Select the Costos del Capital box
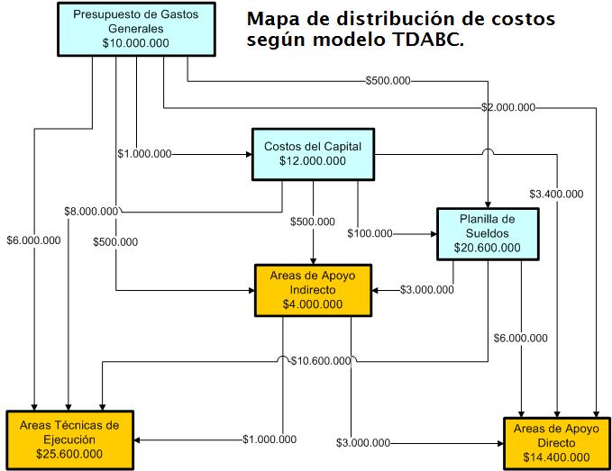tap(312, 153)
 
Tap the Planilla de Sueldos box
tap(488, 233)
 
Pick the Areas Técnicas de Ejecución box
tap(69, 439)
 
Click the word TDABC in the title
tap(425, 40)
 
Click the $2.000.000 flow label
tap(508, 107)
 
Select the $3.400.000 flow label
tap(555, 194)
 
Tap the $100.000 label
tap(370, 233)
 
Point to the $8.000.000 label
tap(91, 212)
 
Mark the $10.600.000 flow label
tap(321, 361)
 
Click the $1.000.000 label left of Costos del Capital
tap(144, 154)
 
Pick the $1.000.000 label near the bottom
tap(269, 439)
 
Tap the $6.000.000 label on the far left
tap(33, 240)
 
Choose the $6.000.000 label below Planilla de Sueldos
tap(520, 339)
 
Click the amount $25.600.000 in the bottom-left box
tap(69, 453)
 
